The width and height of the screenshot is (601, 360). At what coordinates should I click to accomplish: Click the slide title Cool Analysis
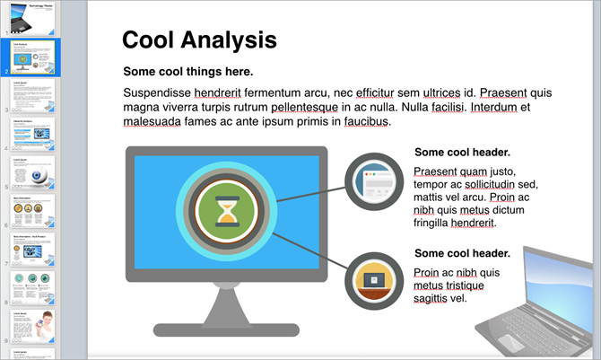pyautogui.click(x=199, y=40)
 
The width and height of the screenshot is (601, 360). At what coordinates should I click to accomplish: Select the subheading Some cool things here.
pyautogui.click(x=188, y=72)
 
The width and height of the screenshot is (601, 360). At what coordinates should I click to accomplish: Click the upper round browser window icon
pyautogui.click(x=376, y=184)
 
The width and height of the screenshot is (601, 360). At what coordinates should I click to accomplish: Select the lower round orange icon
pyautogui.click(x=374, y=282)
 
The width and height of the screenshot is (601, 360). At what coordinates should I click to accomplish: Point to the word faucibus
pyautogui.click(x=362, y=121)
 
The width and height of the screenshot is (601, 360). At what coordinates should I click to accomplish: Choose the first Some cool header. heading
pyautogui.click(x=462, y=153)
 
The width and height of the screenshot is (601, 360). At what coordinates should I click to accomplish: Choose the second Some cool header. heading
pyautogui.click(x=462, y=253)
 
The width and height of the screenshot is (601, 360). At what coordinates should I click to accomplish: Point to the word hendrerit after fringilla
pyautogui.click(x=466, y=222)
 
